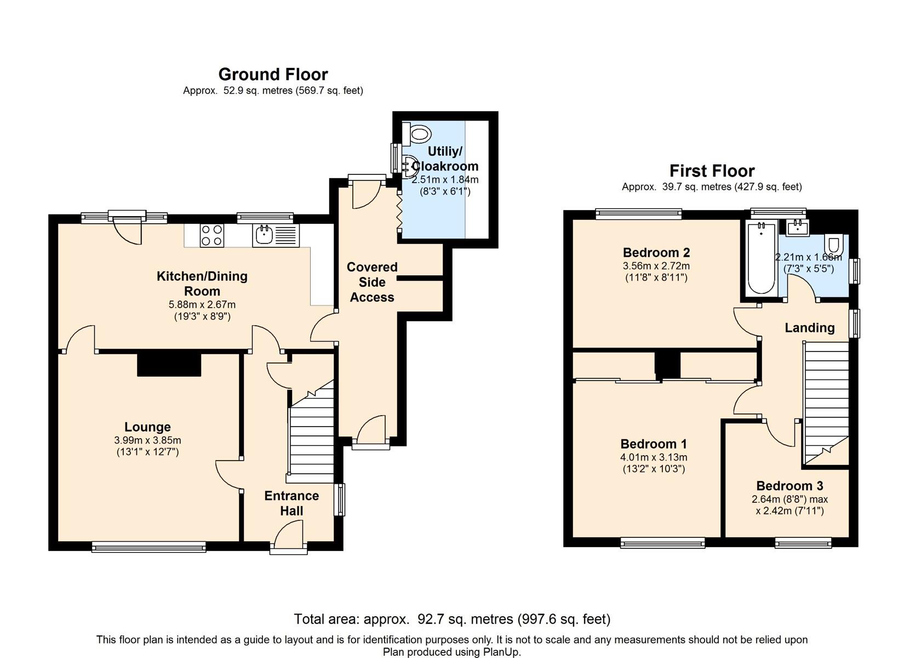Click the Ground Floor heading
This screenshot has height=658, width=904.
[273, 75]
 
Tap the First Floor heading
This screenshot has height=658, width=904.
[712, 171]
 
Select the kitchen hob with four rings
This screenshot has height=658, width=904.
[212, 235]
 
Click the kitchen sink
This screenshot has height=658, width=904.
[276, 235]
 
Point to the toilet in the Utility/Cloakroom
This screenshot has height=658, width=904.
[416, 133]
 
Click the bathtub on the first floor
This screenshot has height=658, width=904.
[761, 258]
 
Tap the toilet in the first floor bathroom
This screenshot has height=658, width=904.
[834, 244]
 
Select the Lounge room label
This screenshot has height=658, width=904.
[147, 427]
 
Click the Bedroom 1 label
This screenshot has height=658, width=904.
[654, 444]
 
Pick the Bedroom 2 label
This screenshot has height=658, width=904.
[656, 252]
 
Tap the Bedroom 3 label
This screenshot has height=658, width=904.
[789, 485]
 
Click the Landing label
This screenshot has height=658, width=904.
[810, 327]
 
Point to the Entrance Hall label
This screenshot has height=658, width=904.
[291, 503]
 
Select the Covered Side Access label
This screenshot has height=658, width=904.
[371, 282]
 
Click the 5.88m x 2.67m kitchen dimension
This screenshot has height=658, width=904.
[202, 304]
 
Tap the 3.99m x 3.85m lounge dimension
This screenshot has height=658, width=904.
[147, 440]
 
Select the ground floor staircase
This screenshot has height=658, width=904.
[311, 432]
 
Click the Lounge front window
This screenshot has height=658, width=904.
[149, 547]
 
